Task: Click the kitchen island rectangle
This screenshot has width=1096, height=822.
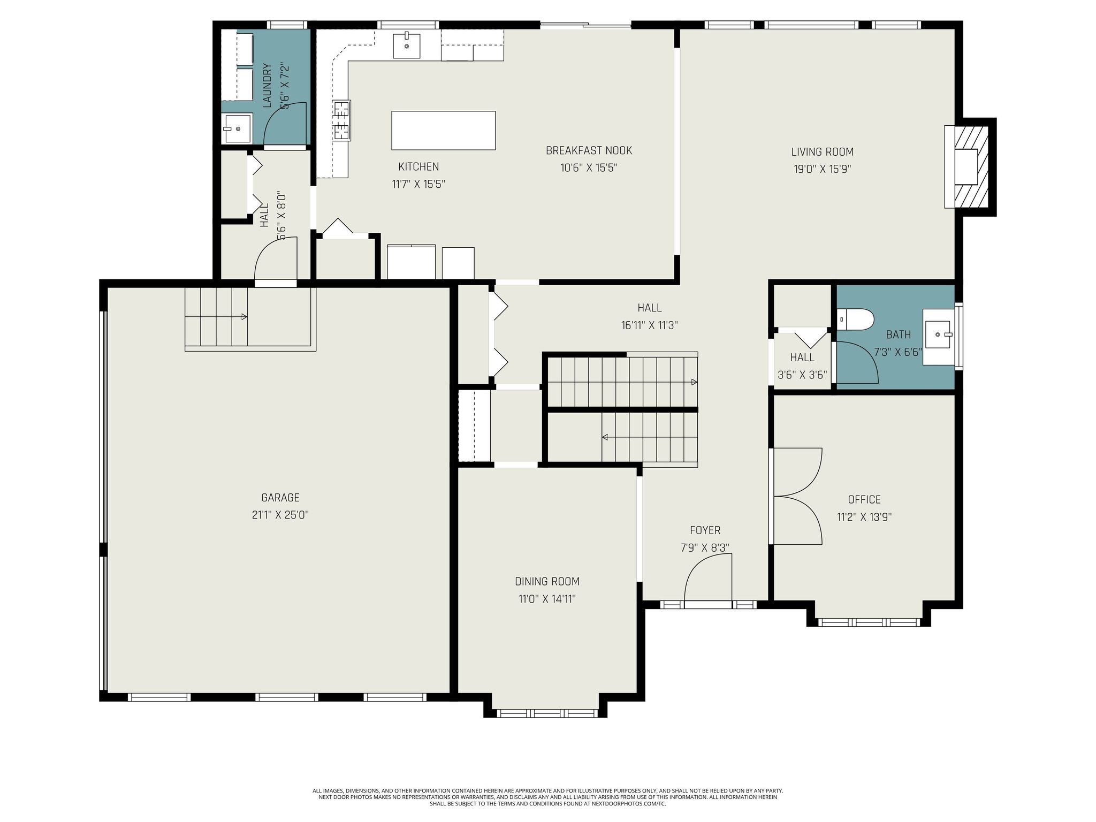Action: [x=443, y=131]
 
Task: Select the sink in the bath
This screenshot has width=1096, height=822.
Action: [x=939, y=335]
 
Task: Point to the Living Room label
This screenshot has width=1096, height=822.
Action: [x=822, y=152]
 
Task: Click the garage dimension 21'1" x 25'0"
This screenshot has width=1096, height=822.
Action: [x=280, y=515]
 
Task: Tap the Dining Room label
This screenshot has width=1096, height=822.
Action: [x=547, y=581]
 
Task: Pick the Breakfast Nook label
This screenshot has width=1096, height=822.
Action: [x=589, y=150]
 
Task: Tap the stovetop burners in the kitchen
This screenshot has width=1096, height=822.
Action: [x=341, y=120]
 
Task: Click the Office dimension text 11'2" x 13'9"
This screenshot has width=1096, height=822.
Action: [x=864, y=517]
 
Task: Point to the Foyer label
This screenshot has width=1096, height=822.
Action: [x=705, y=530]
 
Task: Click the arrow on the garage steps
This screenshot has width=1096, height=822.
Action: [x=243, y=317]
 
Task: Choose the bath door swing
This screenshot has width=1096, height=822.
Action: [x=856, y=362]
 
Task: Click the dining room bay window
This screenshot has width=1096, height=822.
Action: [x=546, y=713]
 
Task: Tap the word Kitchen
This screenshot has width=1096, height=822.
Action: [x=418, y=166]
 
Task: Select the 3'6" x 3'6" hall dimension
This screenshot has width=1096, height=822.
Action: [x=802, y=375]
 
